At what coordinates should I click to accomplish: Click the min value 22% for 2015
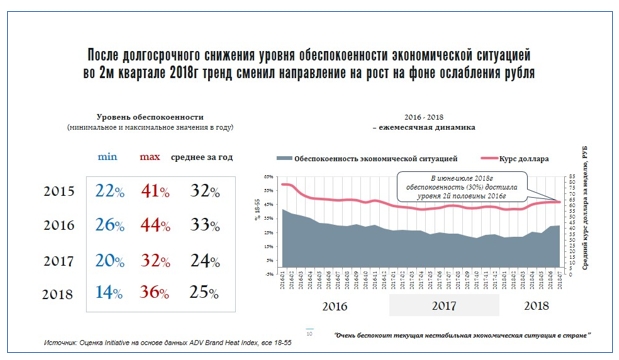tap(109, 191)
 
